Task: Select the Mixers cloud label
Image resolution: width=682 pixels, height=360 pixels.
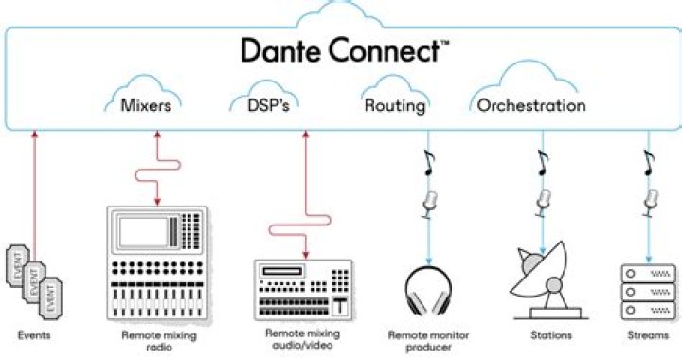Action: pos(146,105)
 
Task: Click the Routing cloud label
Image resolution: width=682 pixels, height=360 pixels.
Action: pos(394,105)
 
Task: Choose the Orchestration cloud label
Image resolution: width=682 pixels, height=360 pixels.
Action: pos(530,105)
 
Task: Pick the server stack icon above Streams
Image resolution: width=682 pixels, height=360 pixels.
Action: pos(649,290)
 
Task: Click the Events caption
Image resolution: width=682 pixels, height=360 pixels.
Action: pos(35,335)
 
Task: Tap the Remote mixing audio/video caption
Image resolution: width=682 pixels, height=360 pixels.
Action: pos(302,340)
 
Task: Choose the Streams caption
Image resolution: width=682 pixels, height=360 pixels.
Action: pos(649,335)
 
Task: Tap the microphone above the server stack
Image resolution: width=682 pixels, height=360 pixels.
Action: pos(649,200)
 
